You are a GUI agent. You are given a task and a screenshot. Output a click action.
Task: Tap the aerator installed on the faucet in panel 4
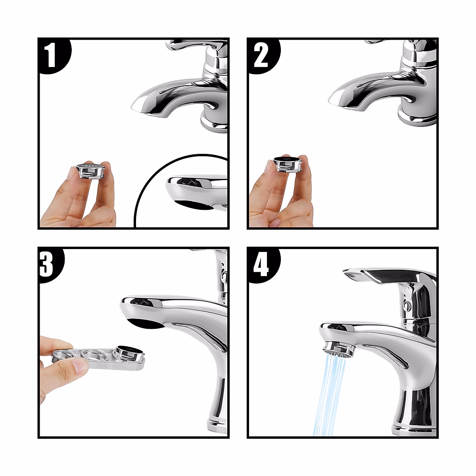[340, 349]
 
